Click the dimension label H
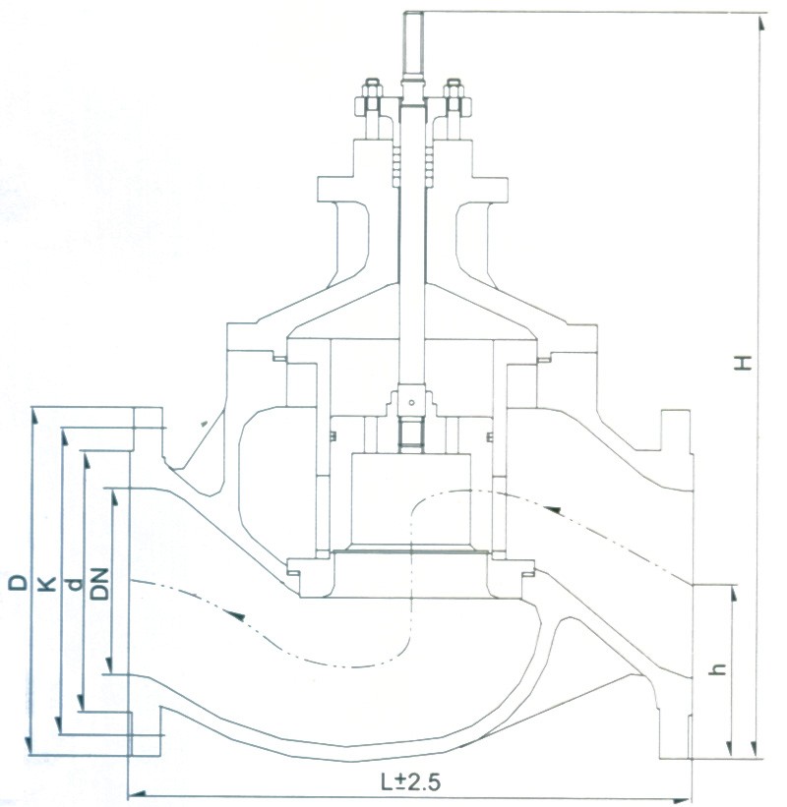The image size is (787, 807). point(746,361)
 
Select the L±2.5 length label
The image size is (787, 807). point(405,783)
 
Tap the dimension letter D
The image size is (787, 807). point(19,583)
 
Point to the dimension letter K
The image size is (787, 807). point(45,584)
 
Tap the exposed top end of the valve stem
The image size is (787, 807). point(411,39)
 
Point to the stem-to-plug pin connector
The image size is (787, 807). point(411,402)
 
